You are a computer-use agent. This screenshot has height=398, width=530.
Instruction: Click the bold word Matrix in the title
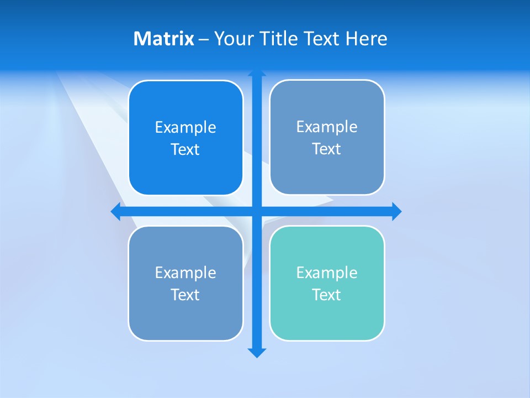[163, 39]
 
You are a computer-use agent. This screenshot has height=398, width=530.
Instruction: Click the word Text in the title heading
[322, 39]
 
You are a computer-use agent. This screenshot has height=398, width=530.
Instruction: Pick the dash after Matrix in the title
[204, 39]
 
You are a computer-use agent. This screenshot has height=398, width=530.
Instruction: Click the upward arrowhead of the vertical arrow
[257, 73]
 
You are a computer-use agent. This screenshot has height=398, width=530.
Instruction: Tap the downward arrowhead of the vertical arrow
[257, 353]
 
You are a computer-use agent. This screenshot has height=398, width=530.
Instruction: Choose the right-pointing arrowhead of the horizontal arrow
[396, 211]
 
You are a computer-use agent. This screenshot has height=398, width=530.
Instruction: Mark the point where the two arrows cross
[257, 211]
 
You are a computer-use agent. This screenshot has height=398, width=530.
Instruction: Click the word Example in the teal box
[327, 273]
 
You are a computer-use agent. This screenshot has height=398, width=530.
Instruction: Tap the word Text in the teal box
[327, 295]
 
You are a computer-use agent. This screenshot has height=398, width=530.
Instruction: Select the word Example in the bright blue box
[185, 127]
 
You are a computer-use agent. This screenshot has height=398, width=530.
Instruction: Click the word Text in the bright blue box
[185, 149]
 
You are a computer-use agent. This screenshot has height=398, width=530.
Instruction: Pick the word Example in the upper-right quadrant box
[327, 127]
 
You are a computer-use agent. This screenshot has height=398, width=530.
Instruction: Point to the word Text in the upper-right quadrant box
[327, 149]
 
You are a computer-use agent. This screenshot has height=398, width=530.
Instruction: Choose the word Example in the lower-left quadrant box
[185, 273]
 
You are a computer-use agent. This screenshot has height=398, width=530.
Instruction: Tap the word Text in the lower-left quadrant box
[185, 295]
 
